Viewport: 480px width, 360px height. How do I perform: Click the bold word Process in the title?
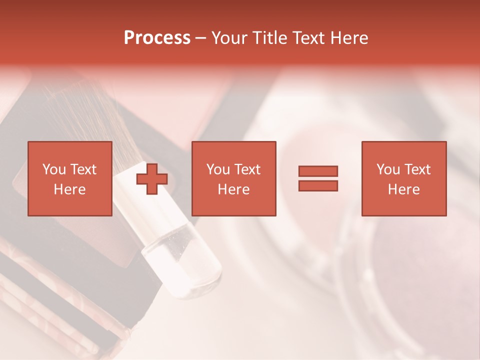point(157,38)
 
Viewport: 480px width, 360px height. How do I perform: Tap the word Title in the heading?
point(271,38)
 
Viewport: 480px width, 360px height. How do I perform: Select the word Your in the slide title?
point(230,38)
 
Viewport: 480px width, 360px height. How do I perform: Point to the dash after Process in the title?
point(201,38)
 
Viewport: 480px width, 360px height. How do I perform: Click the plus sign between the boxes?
point(152,178)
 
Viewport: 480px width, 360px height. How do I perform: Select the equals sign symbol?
point(318,178)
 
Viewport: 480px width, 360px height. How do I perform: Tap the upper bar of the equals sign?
point(318,171)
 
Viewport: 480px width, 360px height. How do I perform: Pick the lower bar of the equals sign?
point(318,185)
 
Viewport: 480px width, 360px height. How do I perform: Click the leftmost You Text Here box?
point(69,178)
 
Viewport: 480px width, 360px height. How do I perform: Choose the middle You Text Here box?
point(233,178)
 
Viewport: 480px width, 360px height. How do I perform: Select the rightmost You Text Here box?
point(403,178)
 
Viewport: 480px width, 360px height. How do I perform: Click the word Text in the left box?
point(83,169)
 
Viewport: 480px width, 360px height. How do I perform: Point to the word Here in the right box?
point(403,189)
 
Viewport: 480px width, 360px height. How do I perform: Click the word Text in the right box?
point(417,169)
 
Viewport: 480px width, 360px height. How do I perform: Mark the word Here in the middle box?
point(233,189)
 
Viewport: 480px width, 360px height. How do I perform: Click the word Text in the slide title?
point(307,38)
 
